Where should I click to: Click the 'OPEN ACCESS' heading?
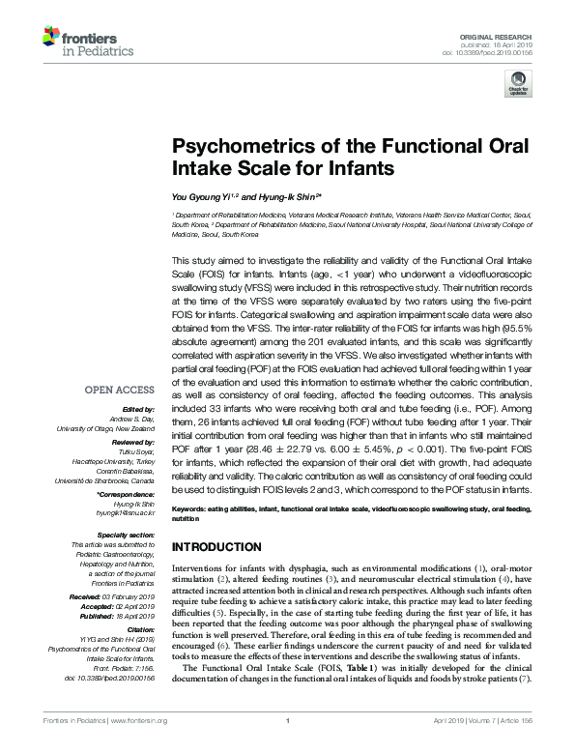pyautogui.click(x=120, y=390)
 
